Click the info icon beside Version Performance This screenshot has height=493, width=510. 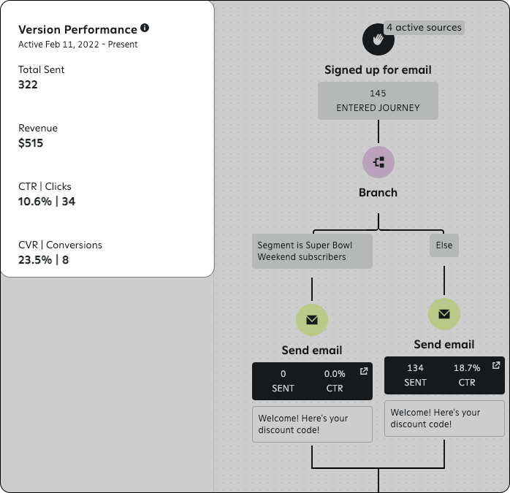coord(145,28)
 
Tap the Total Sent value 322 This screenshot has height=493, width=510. coord(28,85)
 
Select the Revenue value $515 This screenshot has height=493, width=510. coord(31,143)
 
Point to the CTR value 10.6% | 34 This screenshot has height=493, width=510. coord(47,202)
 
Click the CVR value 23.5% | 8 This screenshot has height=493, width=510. coord(44,260)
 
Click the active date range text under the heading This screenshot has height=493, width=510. coord(78,45)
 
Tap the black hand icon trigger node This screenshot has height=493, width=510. coord(378,39)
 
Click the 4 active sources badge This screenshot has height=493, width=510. coord(424,28)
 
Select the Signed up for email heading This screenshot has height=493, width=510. coord(378,70)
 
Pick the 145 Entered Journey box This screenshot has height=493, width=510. coord(378,101)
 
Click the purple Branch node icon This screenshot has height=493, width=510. coord(378,161)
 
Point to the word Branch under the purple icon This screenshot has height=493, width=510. coord(378,193)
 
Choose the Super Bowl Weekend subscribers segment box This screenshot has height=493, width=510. coord(312,251)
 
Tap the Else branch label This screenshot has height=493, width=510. coord(444,245)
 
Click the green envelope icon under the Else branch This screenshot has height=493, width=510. coord(444,314)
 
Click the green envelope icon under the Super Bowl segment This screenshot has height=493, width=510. coord(312,320)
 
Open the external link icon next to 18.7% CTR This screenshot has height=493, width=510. coord(496,365)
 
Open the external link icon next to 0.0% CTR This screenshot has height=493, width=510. coord(364,372)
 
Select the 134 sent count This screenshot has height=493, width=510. coord(415,368)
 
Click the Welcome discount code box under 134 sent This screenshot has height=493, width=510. coord(444,419)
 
